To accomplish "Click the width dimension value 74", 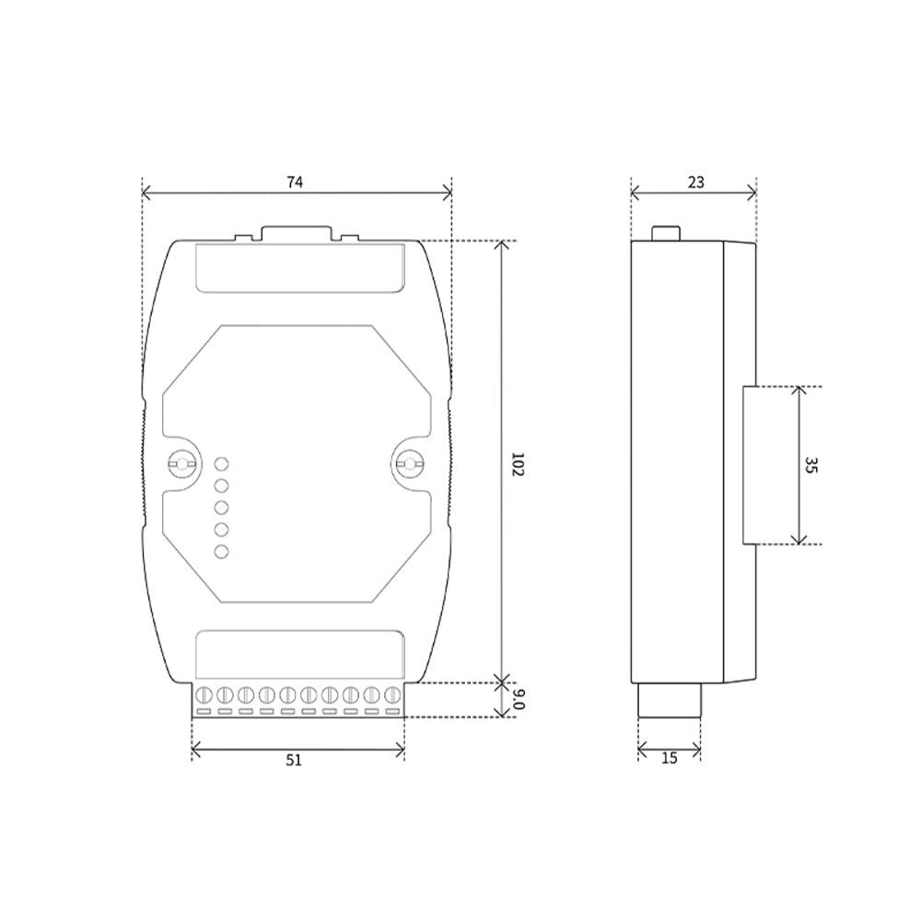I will (x=295, y=182).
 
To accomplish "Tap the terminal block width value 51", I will (x=294, y=760).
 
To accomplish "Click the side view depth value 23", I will (x=695, y=182).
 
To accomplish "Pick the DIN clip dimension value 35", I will (x=810, y=465).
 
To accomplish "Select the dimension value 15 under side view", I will (x=670, y=758).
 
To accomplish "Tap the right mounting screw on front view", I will (x=407, y=463).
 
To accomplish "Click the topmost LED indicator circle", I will (x=221, y=464).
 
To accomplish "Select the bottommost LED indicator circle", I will (x=221, y=551).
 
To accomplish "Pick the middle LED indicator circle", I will (x=221, y=507).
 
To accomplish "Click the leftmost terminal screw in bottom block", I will (x=203, y=695).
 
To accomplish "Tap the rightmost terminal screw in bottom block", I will (x=393, y=695).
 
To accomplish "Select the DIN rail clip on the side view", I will (x=750, y=465).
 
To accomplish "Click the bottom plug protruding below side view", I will (x=670, y=699).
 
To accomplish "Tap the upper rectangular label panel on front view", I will (x=299, y=267).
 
